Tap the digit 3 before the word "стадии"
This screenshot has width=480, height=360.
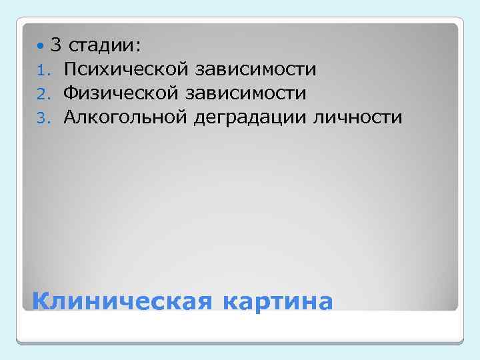[x=56, y=45]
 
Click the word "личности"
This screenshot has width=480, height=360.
[x=363, y=118]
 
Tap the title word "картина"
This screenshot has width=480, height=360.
[x=277, y=301]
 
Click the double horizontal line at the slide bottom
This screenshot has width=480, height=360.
[x=240, y=342]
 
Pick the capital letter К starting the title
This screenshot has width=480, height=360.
[x=41, y=301]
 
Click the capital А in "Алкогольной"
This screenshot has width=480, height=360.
[x=71, y=117]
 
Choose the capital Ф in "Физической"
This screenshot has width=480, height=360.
[x=71, y=93]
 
